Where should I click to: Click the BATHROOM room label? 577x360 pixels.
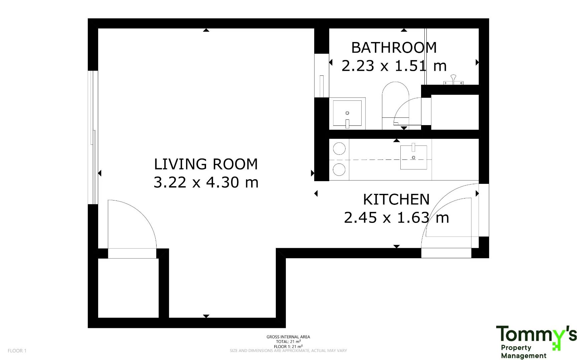point(394,48)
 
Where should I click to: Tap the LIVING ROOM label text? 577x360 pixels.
point(206,164)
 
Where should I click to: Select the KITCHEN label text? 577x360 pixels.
point(396,200)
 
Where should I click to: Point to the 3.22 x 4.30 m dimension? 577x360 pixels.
point(206,182)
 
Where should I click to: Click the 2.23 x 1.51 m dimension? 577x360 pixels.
point(394,66)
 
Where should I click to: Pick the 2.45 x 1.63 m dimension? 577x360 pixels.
point(396,218)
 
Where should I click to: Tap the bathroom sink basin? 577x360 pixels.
point(347,114)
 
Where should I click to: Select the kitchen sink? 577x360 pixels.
point(413,157)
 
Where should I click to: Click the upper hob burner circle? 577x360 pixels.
point(339,149)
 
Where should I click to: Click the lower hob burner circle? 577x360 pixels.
point(339,169)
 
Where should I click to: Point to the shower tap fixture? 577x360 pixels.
point(453,80)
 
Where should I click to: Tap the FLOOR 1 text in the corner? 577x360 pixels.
point(17,351)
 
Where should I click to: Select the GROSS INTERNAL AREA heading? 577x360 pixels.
point(288,337)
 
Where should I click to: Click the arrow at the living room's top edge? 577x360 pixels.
point(206,30)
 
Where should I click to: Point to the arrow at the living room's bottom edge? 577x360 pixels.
point(206,316)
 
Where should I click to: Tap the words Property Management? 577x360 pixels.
point(524,352)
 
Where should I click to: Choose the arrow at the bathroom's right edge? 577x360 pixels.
point(477,62)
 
